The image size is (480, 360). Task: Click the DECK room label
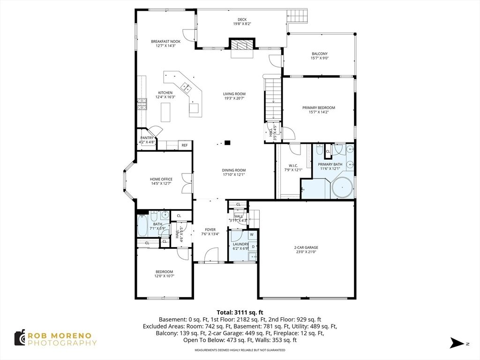click(242, 20)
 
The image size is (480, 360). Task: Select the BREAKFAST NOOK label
click(165, 42)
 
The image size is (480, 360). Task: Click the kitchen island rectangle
click(165, 112)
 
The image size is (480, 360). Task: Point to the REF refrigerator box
click(185, 145)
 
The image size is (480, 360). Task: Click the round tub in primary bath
click(343, 187)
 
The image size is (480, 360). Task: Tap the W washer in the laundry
click(252, 235)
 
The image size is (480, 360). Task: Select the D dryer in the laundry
click(253, 247)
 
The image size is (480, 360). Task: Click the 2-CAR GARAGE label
click(306, 247)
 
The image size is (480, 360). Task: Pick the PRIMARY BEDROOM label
click(319, 108)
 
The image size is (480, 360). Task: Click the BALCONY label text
click(320, 54)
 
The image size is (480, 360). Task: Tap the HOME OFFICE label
click(161, 180)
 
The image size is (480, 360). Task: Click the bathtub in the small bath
click(142, 226)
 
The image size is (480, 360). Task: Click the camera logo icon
click(20, 338)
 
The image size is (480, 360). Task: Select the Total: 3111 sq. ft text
click(240, 313)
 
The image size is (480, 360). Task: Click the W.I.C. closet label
click(293, 165)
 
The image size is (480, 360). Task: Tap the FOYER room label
click(210, 230)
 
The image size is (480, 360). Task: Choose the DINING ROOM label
click(234, 171)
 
